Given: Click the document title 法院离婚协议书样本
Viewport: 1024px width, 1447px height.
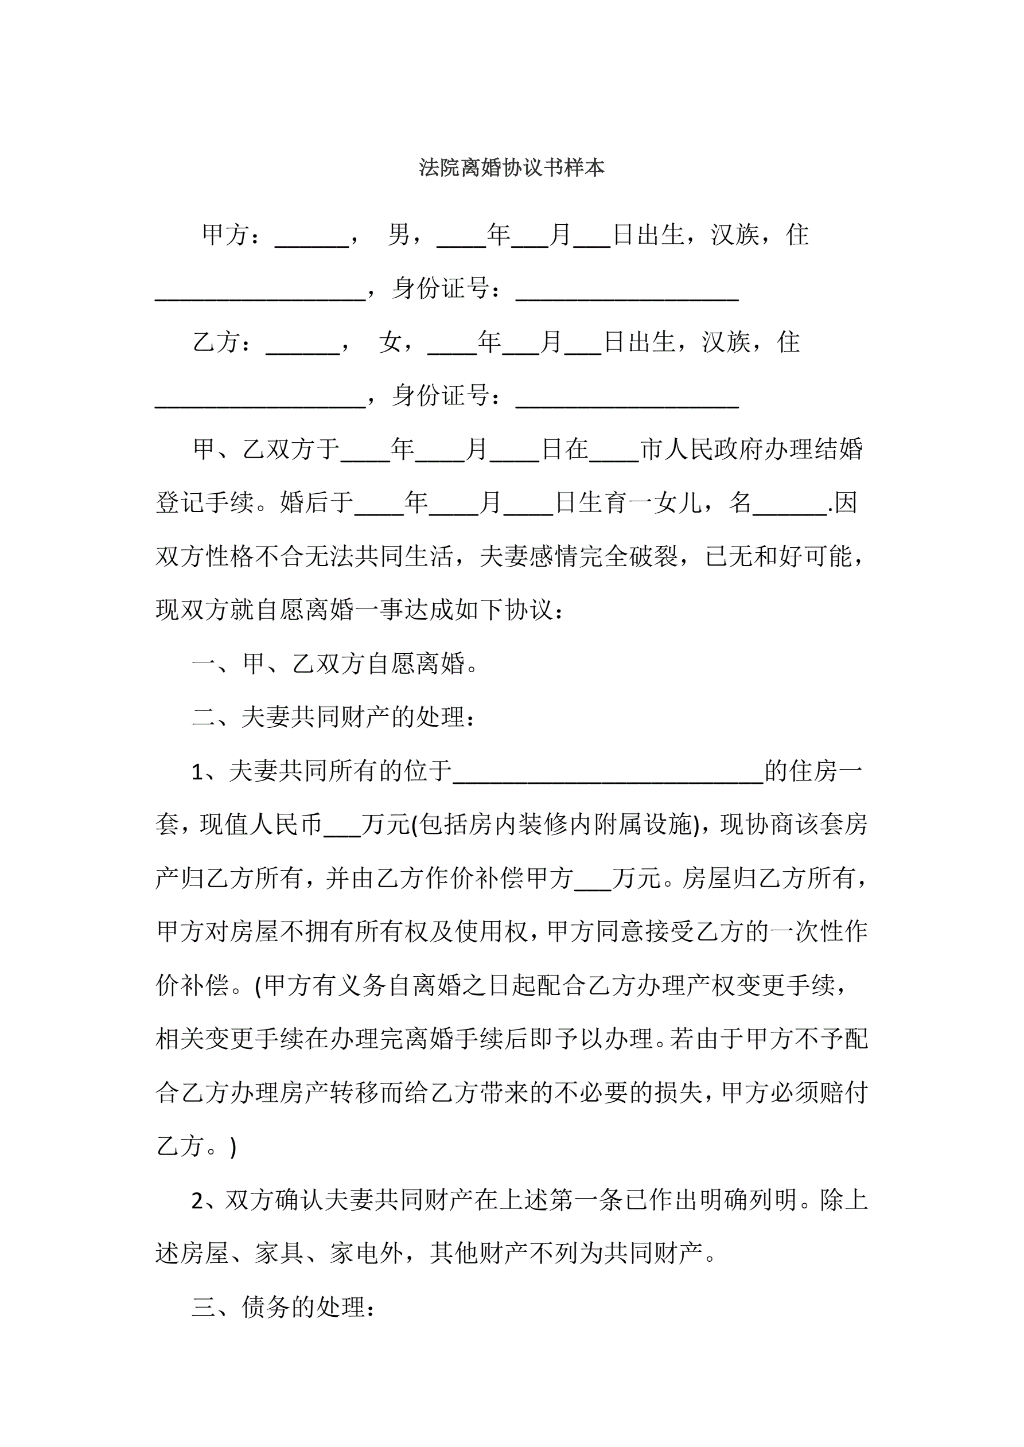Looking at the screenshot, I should [511, 167].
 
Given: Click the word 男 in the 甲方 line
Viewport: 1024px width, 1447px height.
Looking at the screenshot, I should [399, 235].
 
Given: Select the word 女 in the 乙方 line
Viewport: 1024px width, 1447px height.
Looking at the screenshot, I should [390, 342].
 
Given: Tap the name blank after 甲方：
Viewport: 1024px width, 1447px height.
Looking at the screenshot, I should [312, 240].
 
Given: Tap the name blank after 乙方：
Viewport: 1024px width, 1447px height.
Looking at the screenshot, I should [303, 346].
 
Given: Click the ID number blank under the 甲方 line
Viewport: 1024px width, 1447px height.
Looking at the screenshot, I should [627, 293].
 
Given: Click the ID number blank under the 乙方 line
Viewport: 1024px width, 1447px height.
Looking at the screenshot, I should [627, 400].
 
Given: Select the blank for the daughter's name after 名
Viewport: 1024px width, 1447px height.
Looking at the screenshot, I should [790, 508].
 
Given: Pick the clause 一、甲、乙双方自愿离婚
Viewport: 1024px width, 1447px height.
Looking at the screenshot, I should [334, 664].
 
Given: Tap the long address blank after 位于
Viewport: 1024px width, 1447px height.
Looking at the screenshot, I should [608, 775].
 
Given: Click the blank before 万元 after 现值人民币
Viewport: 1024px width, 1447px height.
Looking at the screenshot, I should [342, 829].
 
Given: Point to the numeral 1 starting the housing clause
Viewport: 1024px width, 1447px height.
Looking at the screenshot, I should [198, 773].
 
